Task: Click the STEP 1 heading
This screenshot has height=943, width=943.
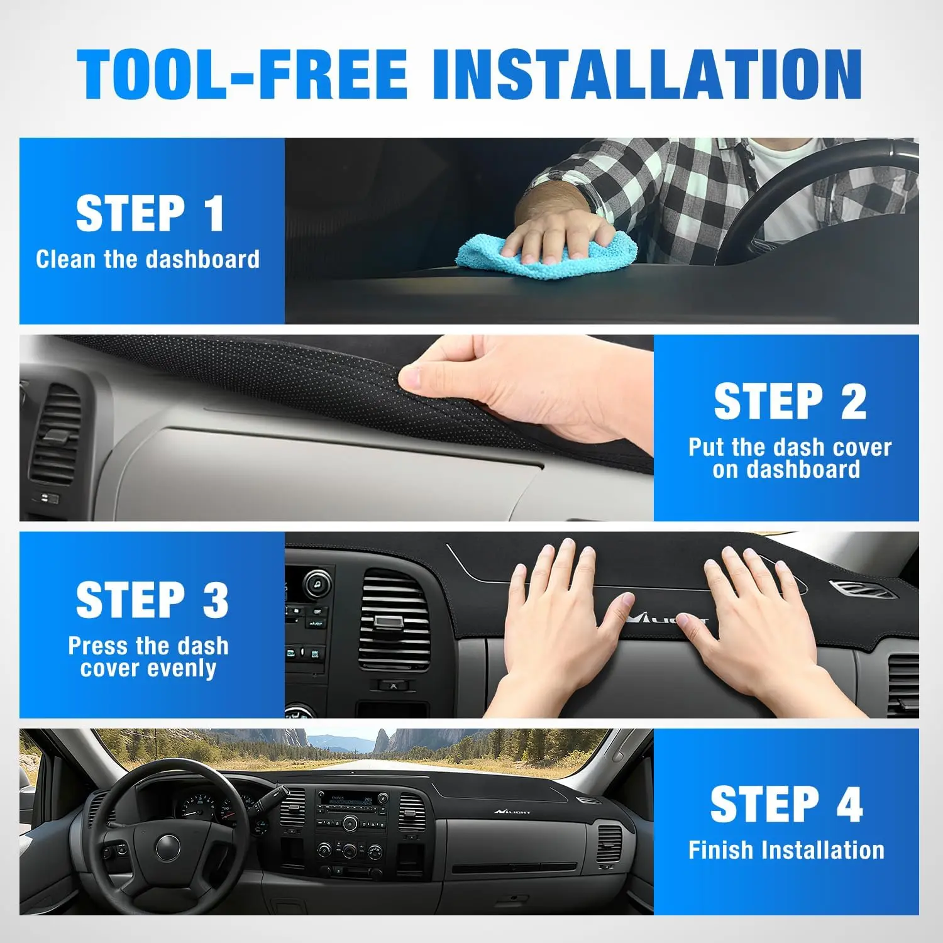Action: coord(150,214)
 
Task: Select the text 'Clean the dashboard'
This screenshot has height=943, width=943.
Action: coord(148,259)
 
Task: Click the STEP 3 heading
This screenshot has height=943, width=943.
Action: coord(152,600)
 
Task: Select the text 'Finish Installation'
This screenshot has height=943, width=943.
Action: coord(786,850)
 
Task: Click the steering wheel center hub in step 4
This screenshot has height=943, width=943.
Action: coord(168,847)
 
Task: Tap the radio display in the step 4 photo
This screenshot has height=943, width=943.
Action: coord(351,801)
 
